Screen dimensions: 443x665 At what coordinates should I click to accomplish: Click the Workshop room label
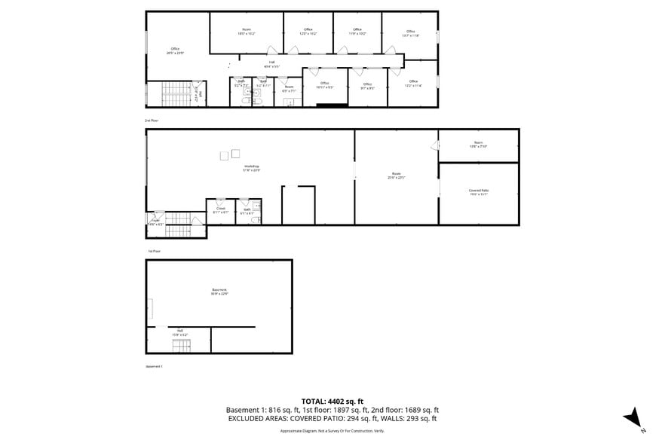(251, 167)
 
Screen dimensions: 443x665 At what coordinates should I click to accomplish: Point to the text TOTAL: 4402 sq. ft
(332, 401)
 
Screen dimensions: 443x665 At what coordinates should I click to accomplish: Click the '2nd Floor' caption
(152, 121)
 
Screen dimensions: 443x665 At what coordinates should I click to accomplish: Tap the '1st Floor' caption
(154, 251)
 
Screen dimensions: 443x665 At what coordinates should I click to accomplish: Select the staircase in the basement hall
(182, 346)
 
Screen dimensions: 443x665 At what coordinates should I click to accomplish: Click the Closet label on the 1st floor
(220, 210)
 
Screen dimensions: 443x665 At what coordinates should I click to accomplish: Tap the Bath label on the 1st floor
(247, 212)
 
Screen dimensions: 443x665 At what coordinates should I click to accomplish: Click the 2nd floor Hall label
(271, 64)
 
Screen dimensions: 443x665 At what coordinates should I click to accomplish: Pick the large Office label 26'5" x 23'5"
(176, 51)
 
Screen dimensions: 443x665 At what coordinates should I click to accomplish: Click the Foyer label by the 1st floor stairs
(155, 222)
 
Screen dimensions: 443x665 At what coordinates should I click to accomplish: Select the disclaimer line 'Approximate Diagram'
(332, 430)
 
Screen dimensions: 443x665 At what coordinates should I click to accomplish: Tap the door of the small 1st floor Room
(434, 145)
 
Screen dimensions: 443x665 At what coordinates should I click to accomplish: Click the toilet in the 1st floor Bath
(256, 220)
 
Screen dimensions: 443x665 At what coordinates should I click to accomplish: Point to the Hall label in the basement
(180, 331)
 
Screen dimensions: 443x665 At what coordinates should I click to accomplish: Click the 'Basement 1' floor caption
(154, 366)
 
